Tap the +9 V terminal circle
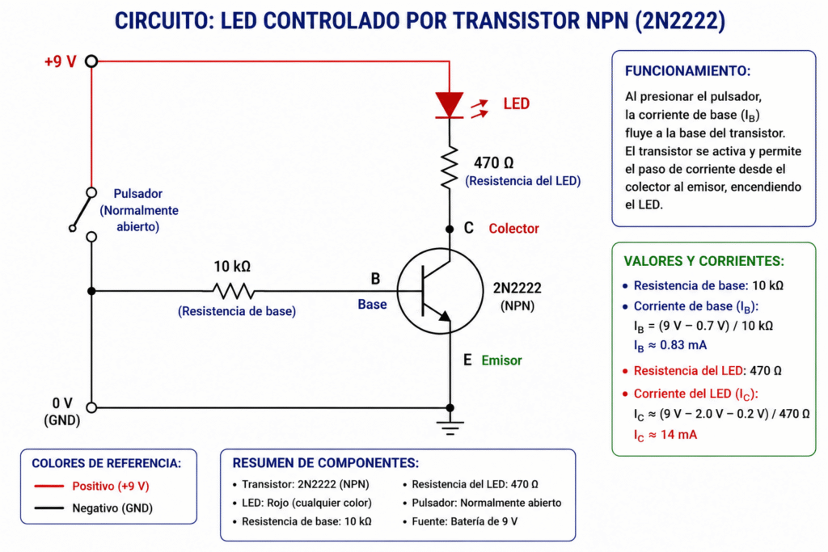click(91, 61)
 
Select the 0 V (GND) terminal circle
click(91, 407)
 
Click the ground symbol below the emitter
click(450, 428)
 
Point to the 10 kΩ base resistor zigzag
click(233, 291)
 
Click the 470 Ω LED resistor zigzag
click(450, 168)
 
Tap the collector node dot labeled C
click(450, 229)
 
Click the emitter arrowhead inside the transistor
click(445, 316)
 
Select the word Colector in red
click(513, 229)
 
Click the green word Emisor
click(501, 360)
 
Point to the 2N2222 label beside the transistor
click(517, 289)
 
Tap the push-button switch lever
click(82, 211)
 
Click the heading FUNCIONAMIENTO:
click(687, 70)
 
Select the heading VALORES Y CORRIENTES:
click(704, 261)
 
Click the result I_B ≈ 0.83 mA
click(670, 346)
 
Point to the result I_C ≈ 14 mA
click(665, 436)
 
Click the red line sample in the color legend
click(49, 486)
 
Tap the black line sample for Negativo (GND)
click(49, 508)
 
